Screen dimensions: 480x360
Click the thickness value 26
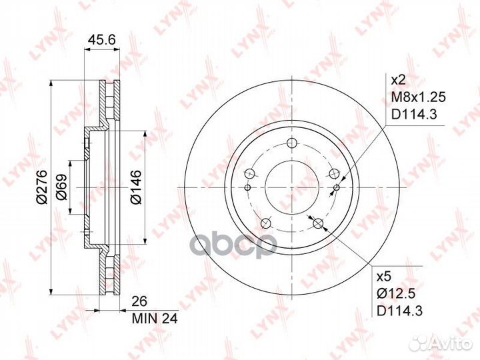(139, 301)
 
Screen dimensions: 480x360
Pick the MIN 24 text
(155, 319)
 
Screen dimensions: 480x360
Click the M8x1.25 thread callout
(419, 97)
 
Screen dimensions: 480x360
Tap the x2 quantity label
(399, 81)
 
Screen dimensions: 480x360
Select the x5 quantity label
(384, 277)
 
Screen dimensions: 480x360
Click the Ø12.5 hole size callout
(396, 294)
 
